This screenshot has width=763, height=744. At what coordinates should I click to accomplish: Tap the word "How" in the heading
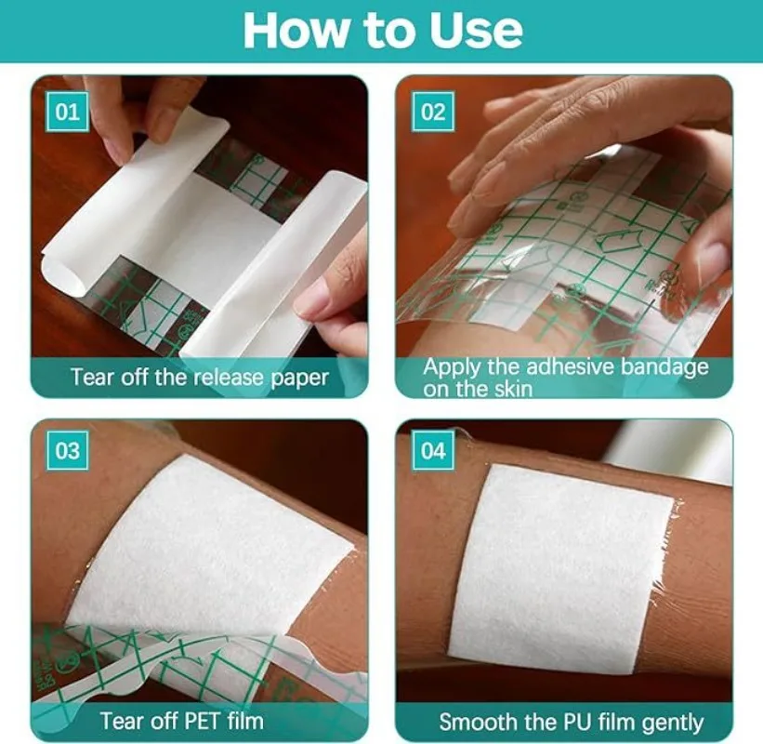point(297,30)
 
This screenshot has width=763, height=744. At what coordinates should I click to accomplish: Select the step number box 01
point(67,112)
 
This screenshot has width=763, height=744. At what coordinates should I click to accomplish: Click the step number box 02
point(433,112)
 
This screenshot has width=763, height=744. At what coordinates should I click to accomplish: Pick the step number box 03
point(67,450)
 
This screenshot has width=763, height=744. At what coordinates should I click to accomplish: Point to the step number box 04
point(433,450)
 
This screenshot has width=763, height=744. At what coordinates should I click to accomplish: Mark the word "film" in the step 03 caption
point(245,721)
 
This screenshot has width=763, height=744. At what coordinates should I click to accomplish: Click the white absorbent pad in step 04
point(561,569)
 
